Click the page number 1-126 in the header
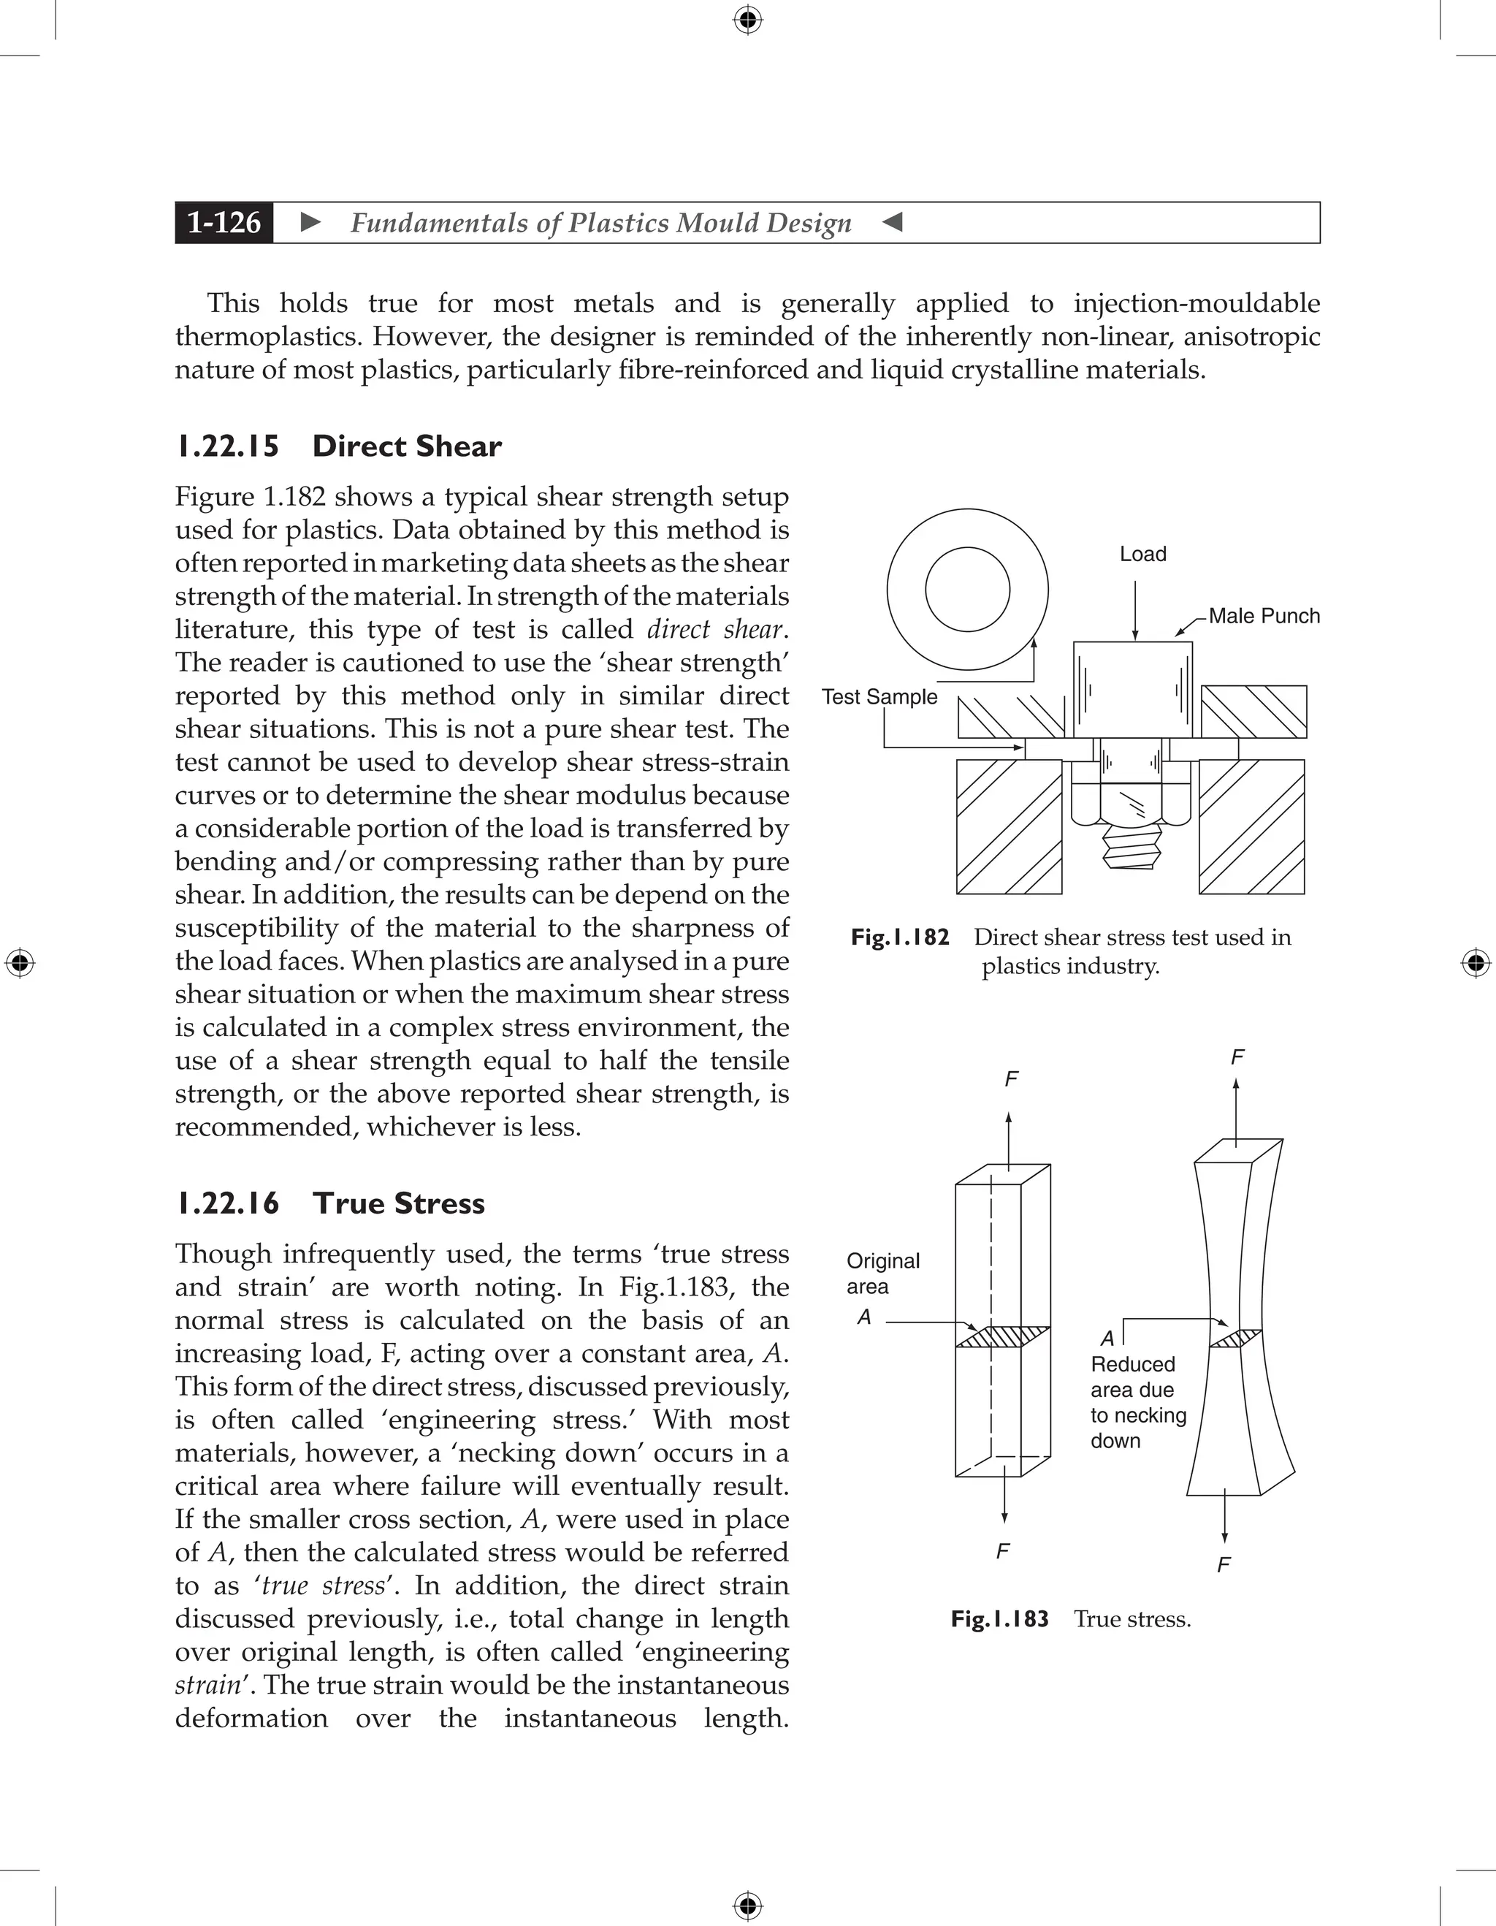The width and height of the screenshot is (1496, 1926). click(224, 222)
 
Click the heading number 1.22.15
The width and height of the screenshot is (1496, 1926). click(227, 446)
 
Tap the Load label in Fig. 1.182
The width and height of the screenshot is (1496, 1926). click(1142, 554)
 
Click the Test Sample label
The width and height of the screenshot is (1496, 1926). click(879, 696)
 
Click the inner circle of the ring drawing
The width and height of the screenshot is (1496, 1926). click(967, 589)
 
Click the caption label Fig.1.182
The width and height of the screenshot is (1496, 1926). click(899, 937)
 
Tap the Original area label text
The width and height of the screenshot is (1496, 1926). click(882, 1274)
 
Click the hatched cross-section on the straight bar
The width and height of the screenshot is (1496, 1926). click(1002, 1337)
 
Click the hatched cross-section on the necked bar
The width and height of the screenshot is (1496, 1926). click(1235, 1339)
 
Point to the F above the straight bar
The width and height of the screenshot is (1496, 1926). click(1011, 1078)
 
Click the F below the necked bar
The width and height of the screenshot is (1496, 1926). click(1223, 1565)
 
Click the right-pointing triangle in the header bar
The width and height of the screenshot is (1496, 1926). click(310, 222)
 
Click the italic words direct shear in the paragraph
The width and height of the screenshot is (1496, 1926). click(715, 630)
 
